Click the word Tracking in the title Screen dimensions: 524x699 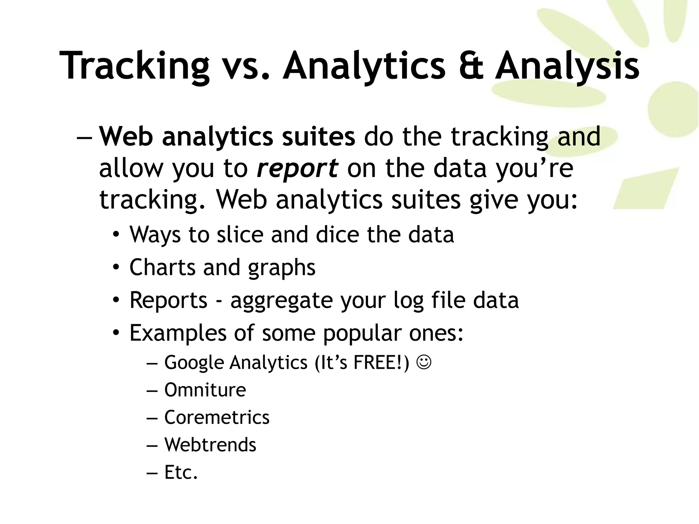134,65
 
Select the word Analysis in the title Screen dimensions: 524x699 567,65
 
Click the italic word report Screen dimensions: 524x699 297,169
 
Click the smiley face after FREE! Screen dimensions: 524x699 424,362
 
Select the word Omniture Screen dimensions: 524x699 205,390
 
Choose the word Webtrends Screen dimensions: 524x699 210,445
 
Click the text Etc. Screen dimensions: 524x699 181,472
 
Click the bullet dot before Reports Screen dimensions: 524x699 116,300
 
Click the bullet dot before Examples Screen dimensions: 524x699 116,333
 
